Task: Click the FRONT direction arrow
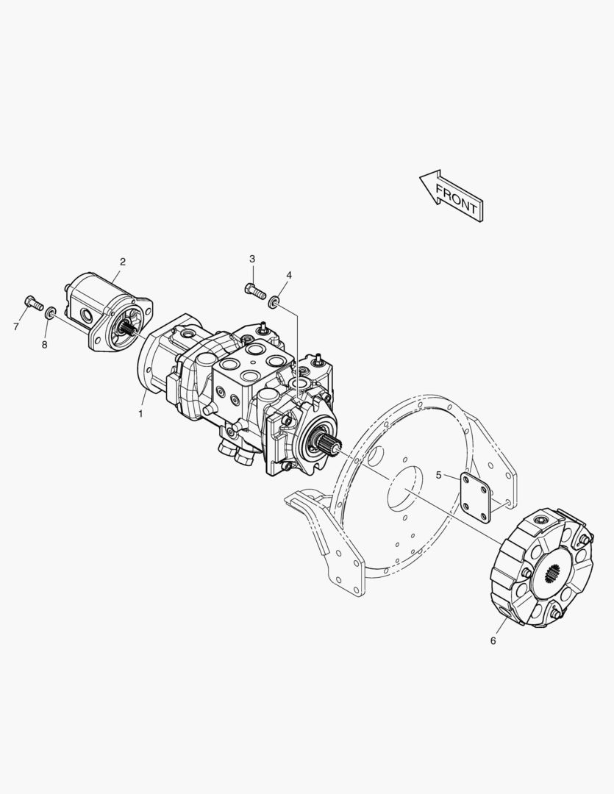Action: coord(451,196)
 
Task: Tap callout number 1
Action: coord(140,414)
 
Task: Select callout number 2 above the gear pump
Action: coord(122,262)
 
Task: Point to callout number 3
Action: coord(252,259)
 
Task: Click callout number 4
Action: coord(289,275)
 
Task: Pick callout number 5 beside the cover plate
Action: coord(439,475)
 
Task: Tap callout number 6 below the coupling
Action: coord(493,640)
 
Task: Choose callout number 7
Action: coord(16,327)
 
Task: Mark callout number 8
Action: coord(45,345)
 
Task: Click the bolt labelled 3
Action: coord(255,291)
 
